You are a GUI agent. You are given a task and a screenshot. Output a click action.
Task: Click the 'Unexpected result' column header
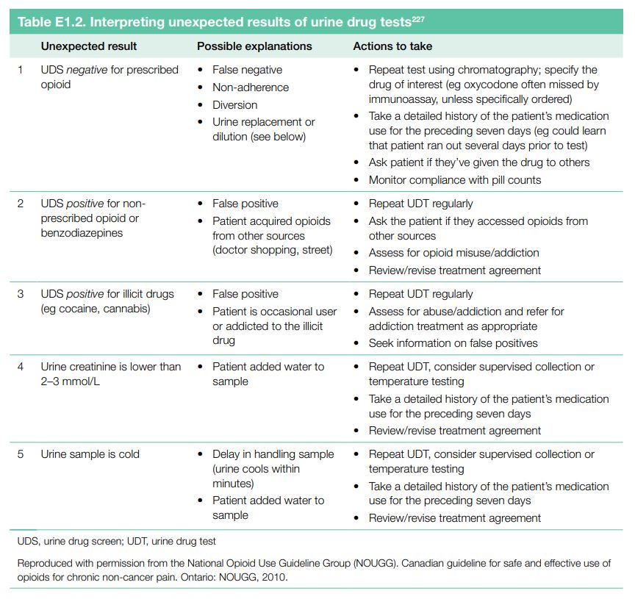pyautogui.click(x=89, y=46)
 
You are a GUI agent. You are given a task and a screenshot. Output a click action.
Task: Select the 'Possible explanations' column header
pyautogui.click(x=254, y=46)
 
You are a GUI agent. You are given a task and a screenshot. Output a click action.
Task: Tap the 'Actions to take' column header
pyautogui.click(x=392, y=46)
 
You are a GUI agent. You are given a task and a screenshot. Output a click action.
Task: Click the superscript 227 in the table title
pyautogui.click(x=419, y=18)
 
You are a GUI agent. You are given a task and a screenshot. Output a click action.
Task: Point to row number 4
pyautogui.click(x=21, y=367)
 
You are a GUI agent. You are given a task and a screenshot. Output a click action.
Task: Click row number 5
pyautogui.click(x=21, y=454)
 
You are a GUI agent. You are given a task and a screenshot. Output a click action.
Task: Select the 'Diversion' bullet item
pyautogui.click(x=234, y=105)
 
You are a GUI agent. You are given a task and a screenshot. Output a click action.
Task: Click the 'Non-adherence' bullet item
pyautogui.click(x=251, y=87)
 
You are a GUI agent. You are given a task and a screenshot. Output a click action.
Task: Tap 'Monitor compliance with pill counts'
pyautogui.click(x=454, y=180)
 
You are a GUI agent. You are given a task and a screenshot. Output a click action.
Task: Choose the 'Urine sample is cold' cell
pyautogui.click(x=90, y=454)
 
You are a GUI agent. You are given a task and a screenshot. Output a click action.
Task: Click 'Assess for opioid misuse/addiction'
pyautogui.click(x=453, y=253)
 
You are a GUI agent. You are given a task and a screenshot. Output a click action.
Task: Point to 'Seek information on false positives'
pyautogui.click(x=453, y=343)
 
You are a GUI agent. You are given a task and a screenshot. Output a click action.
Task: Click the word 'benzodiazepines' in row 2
pyautogui.click(x=82, y=233)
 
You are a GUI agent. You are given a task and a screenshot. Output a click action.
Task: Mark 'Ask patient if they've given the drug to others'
pyautogui.click(x=478, y=162)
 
